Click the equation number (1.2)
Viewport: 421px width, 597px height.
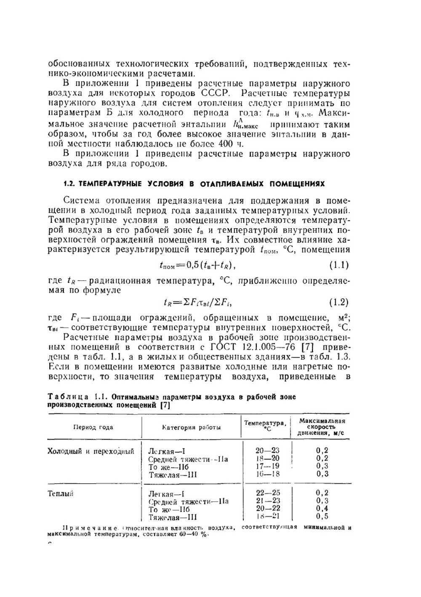click(x=338, y=302)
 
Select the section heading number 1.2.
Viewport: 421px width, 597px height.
click(x=69, y=184)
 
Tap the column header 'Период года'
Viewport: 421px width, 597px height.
click(x=93, y=427)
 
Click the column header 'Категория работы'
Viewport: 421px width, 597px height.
click(x=192, y=428)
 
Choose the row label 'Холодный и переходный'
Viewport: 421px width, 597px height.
click(x=91, y=451)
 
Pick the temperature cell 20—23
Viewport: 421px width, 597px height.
click(x=267, y=451)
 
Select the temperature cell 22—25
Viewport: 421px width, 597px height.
click(x=268, y=493)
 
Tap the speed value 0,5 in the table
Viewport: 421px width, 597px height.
click(x=322, y=516)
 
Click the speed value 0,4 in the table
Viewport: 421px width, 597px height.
click(x=322, y=509)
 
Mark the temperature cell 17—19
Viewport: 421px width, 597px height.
click(x=267, y=466)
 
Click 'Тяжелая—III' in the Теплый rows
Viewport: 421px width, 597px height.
click(x=173, y=517)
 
